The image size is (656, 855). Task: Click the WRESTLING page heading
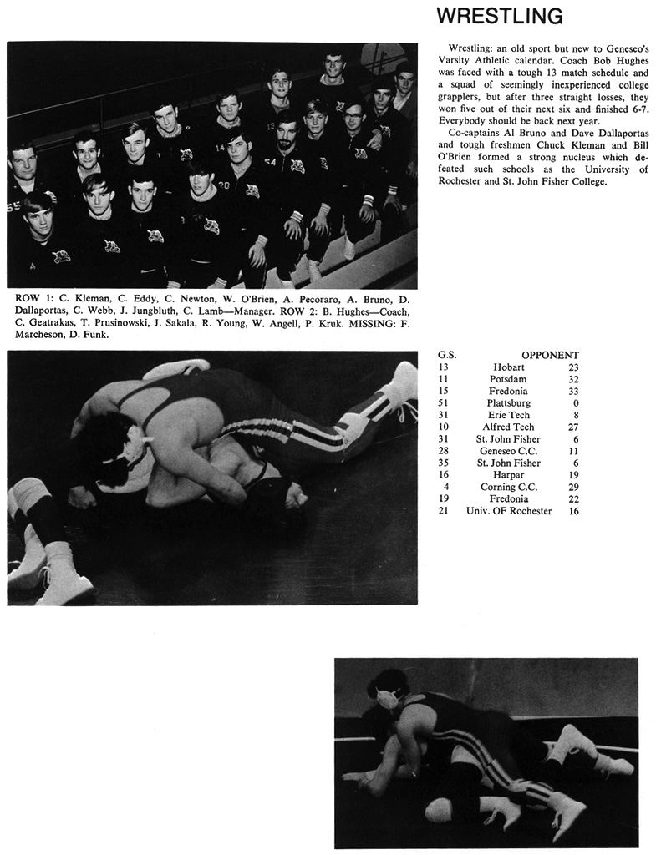pyautogui.click(x=500, y=16)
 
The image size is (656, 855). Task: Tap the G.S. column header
pyautogui.click(x=446, y=355)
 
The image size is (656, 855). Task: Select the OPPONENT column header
pyautogui.click(x=550, y=355)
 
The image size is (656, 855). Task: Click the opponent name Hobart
pyautogui.click(x=508, y=367)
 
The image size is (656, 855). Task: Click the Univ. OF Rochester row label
pyautogui.click(x=508, y=511)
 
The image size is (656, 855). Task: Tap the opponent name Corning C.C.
pyautogui.click(x=508, y=487)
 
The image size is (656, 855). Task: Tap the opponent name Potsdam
pyautogui.click(x=508, y=379)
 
